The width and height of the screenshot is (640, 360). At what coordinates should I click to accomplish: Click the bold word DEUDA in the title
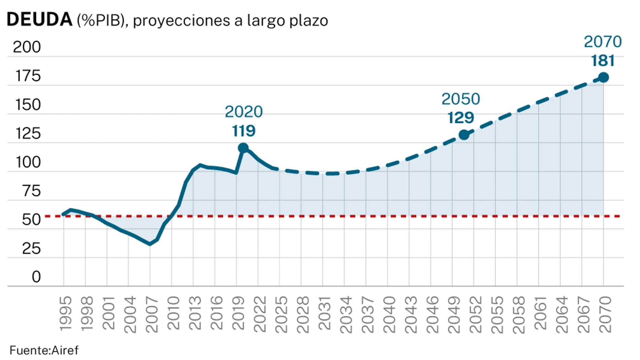[x=39, y=20]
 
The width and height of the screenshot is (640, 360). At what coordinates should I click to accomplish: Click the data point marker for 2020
[x=243, y=148]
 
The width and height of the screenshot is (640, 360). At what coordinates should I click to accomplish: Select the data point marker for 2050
[x=464, y=135]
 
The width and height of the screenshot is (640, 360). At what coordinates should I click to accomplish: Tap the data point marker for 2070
[x=603, y=77]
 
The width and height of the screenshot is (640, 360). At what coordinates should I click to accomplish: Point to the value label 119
[x=244, y=131]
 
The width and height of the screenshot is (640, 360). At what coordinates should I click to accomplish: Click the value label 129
[x=460, y=118]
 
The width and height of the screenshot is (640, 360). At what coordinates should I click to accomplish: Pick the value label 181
[x=603, y=61]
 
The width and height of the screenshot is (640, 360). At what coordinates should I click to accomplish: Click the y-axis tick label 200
[x=27, y=47]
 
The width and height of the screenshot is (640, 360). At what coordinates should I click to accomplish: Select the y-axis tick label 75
[x=31, y=191]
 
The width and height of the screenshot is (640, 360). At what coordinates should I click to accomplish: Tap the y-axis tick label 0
[x=36, y=277]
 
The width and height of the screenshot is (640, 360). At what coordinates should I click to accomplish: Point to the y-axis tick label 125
[x=28, y=133]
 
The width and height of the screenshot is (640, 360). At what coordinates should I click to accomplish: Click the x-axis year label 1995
[x=65, y=314]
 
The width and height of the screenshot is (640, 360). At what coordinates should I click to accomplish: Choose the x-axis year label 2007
[x=152, y=314]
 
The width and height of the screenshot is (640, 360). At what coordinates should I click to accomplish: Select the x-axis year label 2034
[x=346, y=314]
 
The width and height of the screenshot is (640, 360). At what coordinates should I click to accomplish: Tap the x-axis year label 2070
[x=605, y=314]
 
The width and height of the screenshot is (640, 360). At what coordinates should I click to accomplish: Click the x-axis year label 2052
[x=475, y=314]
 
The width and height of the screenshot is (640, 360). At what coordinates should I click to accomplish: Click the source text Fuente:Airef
[x=44, y=350]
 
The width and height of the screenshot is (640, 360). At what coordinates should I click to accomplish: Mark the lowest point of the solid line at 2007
[x=150, y=244]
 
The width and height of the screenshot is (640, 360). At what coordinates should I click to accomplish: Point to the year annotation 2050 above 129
[x=460, y=99]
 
